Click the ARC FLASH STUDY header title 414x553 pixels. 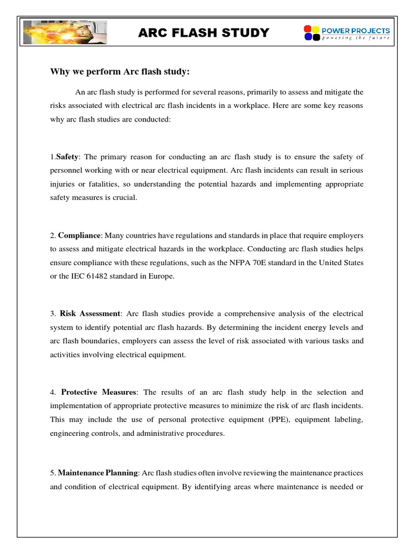tap(204, 33)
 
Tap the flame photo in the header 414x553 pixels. tap(64, 33)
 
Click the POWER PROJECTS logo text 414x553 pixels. tap(355, 30)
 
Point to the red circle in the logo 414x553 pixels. tap(308, 29)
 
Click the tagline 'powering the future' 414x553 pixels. tap(355, 38)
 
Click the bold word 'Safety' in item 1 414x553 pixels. tap(67, 157)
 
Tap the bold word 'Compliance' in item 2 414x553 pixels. tap(79, 235)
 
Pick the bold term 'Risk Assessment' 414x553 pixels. tap(90, 313)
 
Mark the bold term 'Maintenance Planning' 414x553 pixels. tap(99, 473)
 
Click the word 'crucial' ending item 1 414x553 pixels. tap(126, 198)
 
